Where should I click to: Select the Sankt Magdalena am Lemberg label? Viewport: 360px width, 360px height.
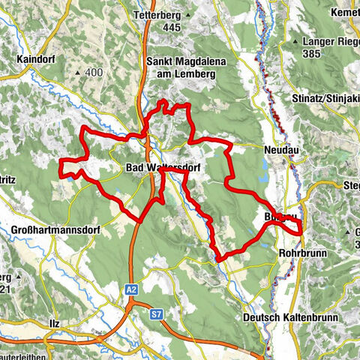[x=181, y=67]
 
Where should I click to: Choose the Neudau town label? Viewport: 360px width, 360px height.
[x=281, y=151]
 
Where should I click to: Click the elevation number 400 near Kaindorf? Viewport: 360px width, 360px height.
[x=93, y=72]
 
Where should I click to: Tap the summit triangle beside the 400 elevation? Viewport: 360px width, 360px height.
[x=79, y=72]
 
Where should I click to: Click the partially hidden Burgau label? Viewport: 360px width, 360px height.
[x=277, y=217]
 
